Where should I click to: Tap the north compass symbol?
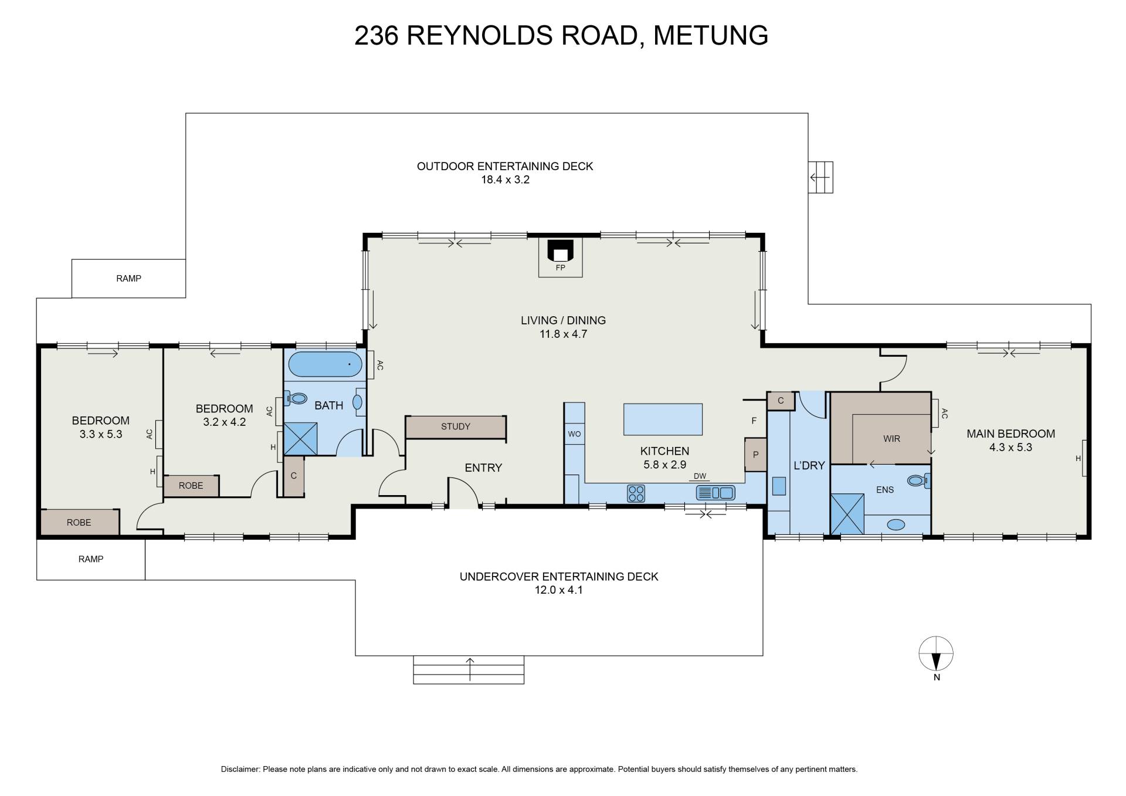[936, 653]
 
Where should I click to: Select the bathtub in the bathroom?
[325, 364]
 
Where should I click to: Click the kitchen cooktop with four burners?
[636, 493]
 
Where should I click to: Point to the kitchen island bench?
[663, 419]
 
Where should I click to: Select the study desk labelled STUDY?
[456, 427]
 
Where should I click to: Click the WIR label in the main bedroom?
[891, 439]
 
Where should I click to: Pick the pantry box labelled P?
[755, 455]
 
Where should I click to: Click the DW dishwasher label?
[700, 476]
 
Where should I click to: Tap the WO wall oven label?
[574, 434]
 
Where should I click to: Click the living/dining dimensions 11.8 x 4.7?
[563, 334]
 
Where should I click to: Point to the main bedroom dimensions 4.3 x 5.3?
[1010, 448]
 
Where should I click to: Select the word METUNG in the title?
[711, 35]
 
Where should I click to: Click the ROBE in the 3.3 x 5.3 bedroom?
[79, 522]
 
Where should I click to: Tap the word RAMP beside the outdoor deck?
[128, 279]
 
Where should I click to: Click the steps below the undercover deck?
[469, 670]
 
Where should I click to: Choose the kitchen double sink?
[715, 493]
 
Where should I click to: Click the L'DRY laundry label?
[809, 466]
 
